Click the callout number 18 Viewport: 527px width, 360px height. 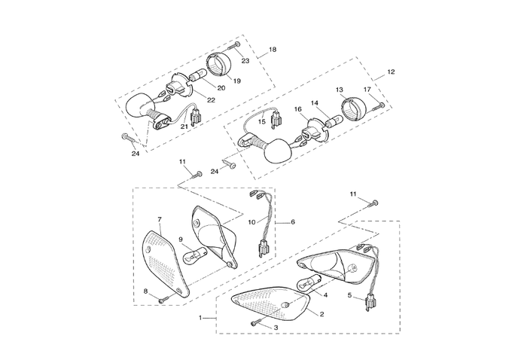pyautogui.click(x=273, y=49)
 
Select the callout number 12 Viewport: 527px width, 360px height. pyautogui.click(x=391, y=72)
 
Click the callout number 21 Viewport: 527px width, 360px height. pyautogui.click(x=184, y=127)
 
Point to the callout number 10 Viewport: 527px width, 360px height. pyautogui.click(x=251, y=221)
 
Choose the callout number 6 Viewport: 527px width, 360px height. pyautogui.click(x=293, y=223)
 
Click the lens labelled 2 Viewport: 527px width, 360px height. pyautogui.click(x=271, y=303)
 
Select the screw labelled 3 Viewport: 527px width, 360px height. pyautogui.click(x=257, y=324)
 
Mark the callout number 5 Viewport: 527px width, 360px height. pyautogui.click(x=349, y=296)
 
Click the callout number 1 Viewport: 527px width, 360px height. pyautogui.click(x=201, y=319)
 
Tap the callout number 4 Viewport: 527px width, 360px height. pyautogui.click(x=325, y=295)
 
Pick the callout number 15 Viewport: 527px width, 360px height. pyautogui.click(x=262, y=121)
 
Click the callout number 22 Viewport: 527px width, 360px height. pyautogui.click(x=212, y=100)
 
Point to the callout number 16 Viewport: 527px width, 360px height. pyautogui.click(x=298, y=109)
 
